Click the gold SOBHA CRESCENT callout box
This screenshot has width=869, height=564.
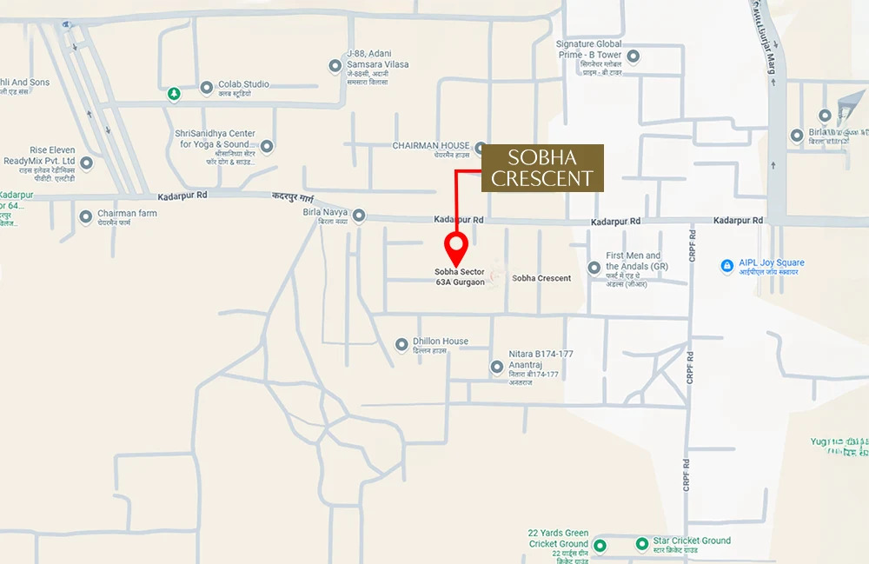coord(543,169)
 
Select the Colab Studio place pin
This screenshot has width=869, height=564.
coord(207,87)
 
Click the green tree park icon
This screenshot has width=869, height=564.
coord(174,93)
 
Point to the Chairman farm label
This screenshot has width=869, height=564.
coord(127,213)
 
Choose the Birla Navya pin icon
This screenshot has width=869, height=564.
coord(358,216)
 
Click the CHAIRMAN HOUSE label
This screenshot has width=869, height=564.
coord(431,146)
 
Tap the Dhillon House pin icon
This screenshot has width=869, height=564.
coord(401,345)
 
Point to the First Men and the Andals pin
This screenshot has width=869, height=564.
coord(594,268)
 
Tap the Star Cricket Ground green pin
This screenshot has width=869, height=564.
coord(642,544)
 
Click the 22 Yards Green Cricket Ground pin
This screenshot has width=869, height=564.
coord(600,544)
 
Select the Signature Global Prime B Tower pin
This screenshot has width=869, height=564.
coord(634,57)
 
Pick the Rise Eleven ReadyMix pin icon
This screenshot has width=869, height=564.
coord(86,163)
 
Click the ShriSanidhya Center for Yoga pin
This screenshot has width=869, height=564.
coord(267,146)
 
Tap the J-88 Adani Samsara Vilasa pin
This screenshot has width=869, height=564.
coord(335,66)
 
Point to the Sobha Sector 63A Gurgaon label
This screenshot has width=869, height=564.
coord(460,277)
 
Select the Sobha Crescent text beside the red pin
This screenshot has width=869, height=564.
coord(541,278)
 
